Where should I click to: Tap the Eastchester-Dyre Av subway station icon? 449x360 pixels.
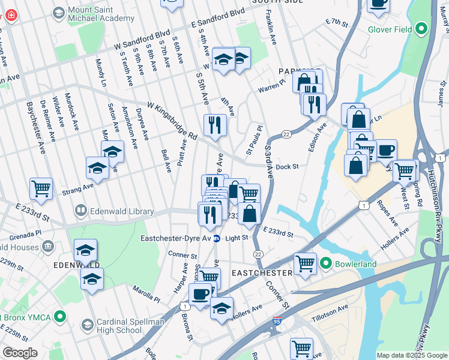tap(217, 238)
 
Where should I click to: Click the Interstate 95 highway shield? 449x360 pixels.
tap(277, 321)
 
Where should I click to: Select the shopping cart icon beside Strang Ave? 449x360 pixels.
tap(41, 188)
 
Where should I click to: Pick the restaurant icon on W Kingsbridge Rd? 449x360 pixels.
tap(215, 125)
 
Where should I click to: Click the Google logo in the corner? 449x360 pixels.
tap(20, 353)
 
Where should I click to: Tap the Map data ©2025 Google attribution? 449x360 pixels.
tap(412, 355)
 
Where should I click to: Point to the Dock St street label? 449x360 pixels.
tap(288, 166)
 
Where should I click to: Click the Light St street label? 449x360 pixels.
tap(237, 238)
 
